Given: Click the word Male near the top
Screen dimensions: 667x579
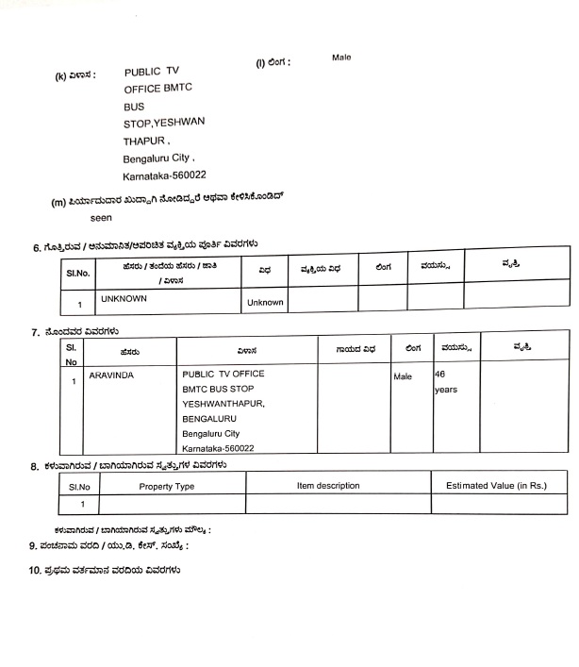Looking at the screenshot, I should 340,58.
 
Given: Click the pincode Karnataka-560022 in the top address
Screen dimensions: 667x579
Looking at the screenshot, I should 164,176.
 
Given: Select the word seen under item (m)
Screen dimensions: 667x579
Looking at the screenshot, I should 88,217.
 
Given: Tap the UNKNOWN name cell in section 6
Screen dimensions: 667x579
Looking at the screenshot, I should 124,298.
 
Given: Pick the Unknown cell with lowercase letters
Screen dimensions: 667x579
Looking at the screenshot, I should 265,303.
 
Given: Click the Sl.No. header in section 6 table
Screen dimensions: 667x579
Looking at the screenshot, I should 77,273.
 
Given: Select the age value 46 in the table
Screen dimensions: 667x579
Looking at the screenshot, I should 439,375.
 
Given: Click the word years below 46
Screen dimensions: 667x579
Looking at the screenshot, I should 445,390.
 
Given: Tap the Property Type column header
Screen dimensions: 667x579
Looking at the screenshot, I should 167,486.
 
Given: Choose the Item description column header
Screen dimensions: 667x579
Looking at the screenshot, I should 328,486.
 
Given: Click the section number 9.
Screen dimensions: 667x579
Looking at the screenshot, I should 32,545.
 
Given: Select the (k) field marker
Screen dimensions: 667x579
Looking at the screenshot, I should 60,75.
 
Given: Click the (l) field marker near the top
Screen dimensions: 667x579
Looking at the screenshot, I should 261,62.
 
